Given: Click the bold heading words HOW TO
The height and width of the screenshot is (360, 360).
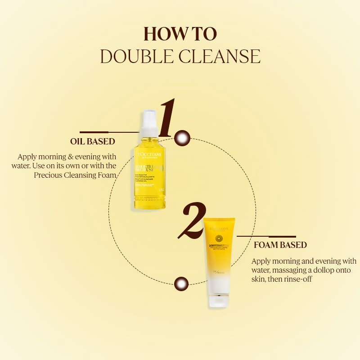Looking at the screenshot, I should click(x=180, y=34).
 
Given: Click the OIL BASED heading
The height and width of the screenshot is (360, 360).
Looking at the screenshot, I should click(x=93, y=141).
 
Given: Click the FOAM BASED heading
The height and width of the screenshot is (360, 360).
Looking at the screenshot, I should click(x=280, y=245).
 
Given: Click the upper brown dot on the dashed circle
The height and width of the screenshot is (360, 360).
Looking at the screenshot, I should click(x=182, y=138).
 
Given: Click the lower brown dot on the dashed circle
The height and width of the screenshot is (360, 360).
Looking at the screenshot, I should click(x=181, y=283).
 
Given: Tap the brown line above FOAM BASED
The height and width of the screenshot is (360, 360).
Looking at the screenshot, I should click(x=266, y=236).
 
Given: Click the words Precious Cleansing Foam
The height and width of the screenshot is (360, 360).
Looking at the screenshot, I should click(x=75, y=175).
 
